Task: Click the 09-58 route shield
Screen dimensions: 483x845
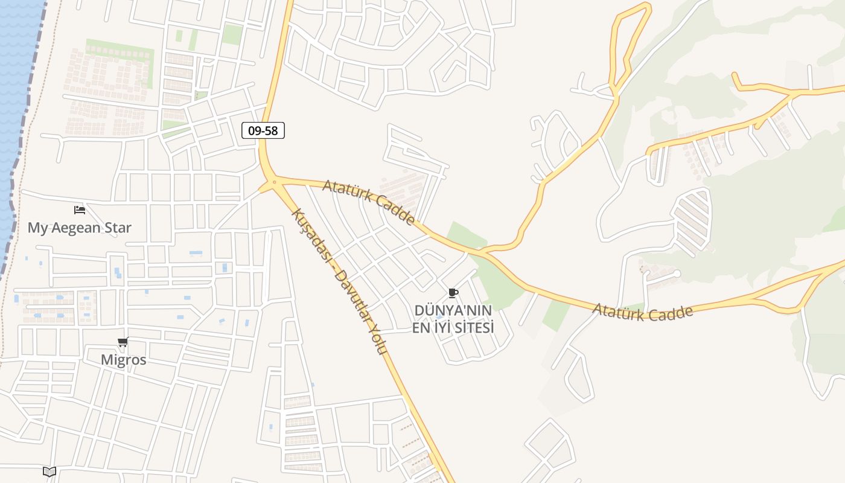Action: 263,130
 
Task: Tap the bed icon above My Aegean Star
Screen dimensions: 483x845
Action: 80,210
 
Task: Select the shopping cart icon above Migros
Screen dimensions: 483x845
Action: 123,342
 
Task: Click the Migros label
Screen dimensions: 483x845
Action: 123,360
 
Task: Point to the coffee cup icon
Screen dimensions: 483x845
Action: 453,293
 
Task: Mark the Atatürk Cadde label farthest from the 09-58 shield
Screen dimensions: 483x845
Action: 642,312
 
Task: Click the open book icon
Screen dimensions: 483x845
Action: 49,472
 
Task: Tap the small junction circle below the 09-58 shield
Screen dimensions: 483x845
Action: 274,181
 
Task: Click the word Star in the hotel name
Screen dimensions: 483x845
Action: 118,228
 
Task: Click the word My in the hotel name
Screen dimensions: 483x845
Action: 37,228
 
